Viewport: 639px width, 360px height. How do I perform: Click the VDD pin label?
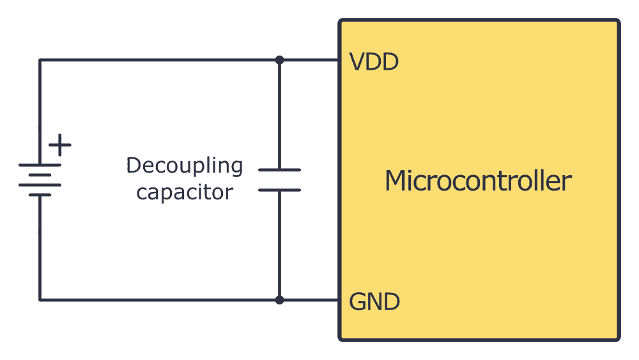click(x=374, y=62)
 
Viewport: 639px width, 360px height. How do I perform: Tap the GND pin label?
click(x=374, y=301)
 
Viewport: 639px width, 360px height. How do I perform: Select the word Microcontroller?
click(x=477, y=181)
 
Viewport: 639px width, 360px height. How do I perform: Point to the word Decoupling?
click(x=185, y=167)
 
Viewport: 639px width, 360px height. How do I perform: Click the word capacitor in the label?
click(x=185, y=192)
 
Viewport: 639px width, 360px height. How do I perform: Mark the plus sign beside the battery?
click(x=60, y=145)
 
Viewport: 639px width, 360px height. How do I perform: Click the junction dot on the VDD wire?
click(x=279, y=60)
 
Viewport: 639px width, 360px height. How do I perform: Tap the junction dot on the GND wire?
click(x=279, y=299)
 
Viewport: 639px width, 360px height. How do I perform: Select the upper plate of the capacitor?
click(x=279, y=170)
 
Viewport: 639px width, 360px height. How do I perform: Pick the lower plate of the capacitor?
click(x=279, y=190)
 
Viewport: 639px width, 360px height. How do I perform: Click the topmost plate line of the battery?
click(x=40, y=165)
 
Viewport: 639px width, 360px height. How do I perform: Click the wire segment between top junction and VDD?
click(x=309, y=60)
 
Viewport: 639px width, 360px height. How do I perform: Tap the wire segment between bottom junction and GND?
click(x=309, y=299)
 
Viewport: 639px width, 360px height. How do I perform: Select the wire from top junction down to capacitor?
click(x=279, y=115)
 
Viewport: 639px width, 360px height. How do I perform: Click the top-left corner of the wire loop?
click(x=40, y=60)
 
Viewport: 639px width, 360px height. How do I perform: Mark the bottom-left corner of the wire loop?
click(x=40, y=299)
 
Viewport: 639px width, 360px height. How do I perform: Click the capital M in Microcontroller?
click(x=395, y=181)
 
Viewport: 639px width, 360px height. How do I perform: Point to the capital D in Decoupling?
click(x=133, y=166)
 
